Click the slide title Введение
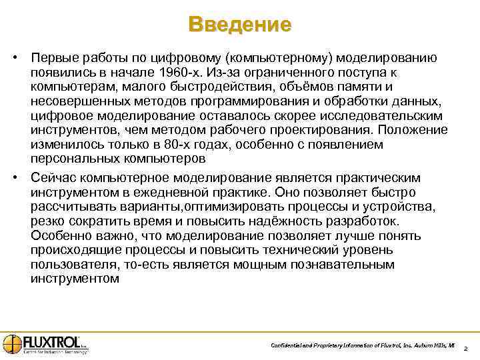[x=240, y=25]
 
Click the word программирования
[x=226, y=101]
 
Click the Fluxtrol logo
[x=44, y=344]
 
